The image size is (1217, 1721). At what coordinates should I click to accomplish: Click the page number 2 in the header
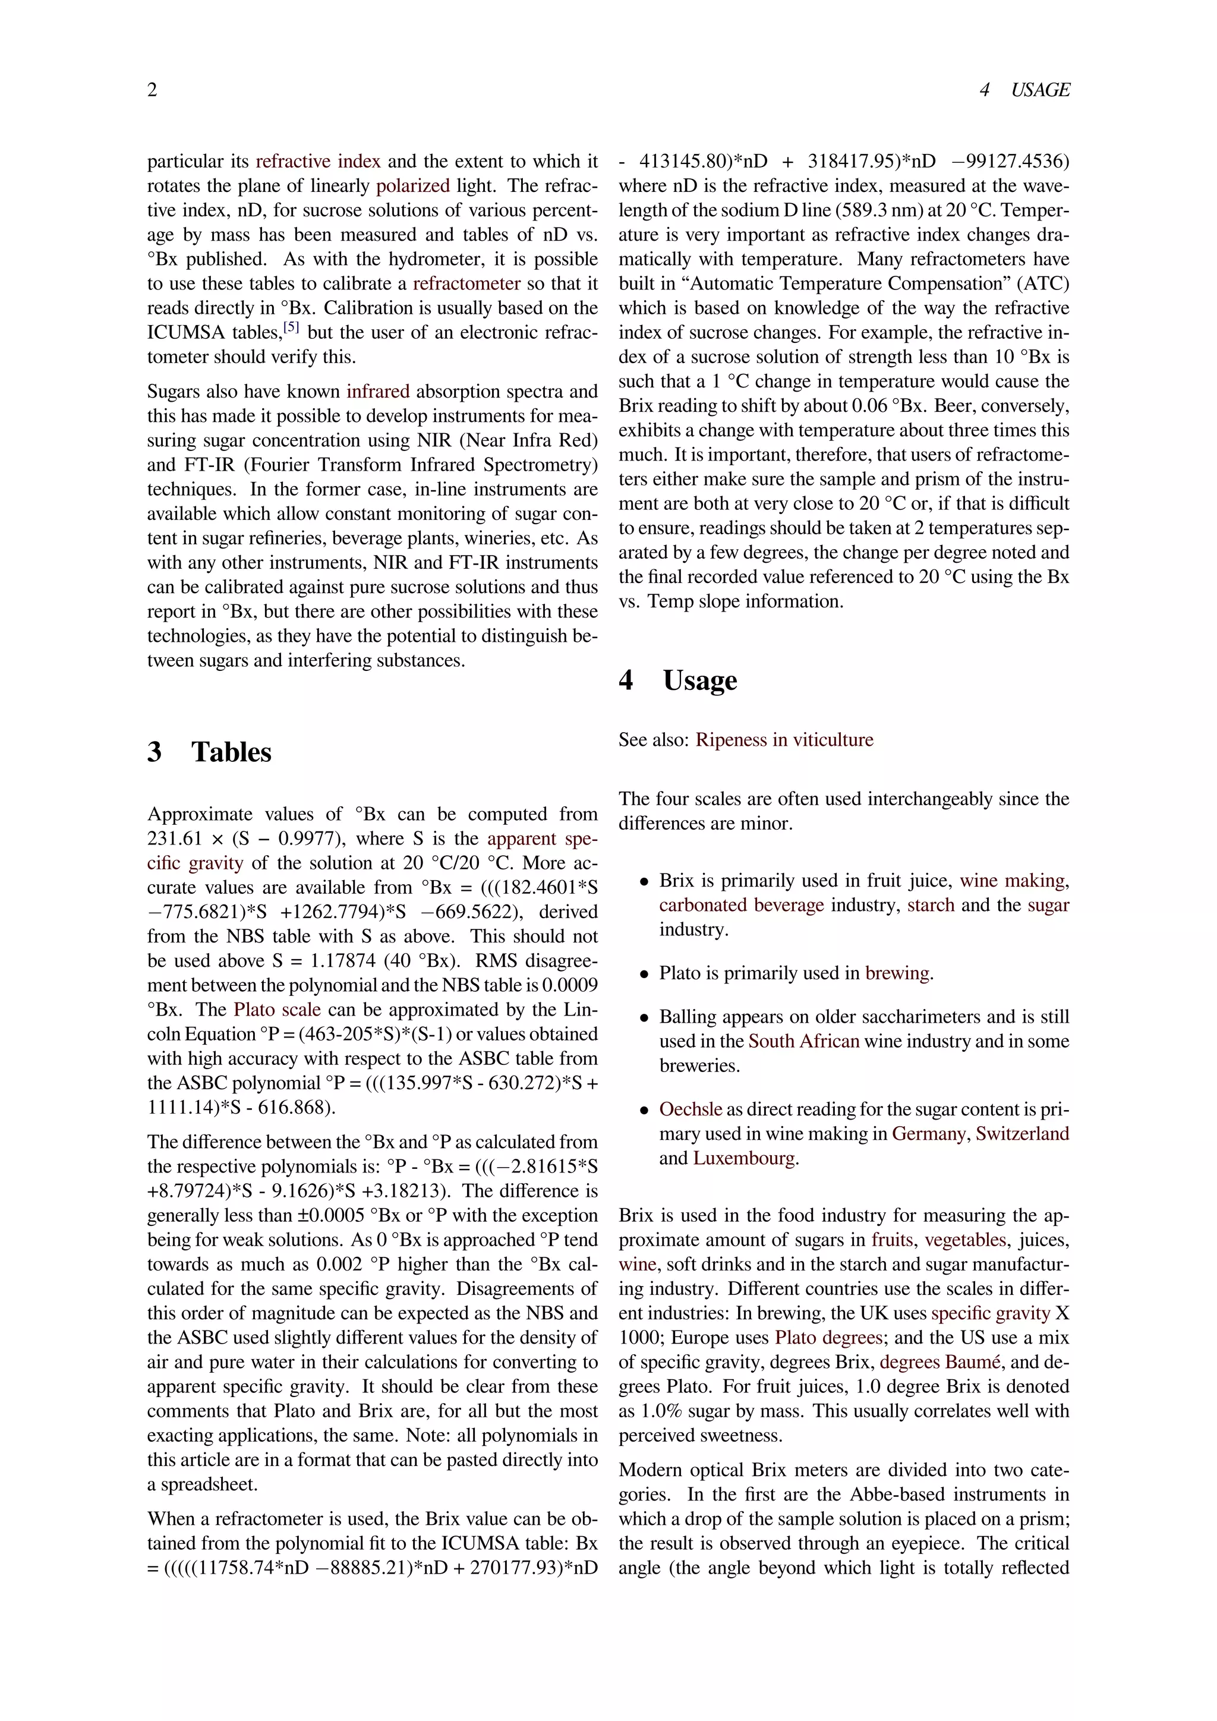[x=152, y=90]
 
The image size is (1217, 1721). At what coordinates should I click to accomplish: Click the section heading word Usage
[x=699, y=680]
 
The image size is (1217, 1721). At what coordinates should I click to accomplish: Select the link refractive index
[x=318, y=161]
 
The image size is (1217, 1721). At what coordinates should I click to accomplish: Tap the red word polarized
[x=412, y=186]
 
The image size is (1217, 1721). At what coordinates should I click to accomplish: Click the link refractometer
[x=466, y=283]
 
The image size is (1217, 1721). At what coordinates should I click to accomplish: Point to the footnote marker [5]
[x=292, y=327]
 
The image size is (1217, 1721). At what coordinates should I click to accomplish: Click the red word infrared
[x=378, y=391]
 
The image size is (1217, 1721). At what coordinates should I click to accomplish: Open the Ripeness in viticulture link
[x=784, y=740]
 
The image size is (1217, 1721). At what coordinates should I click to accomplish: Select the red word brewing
[x=897, y=973]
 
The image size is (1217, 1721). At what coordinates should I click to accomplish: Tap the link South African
[x=803, y=1041]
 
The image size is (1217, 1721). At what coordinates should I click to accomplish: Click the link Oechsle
[x=690, y=1109]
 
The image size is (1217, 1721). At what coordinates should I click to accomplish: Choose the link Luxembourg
[x=743, y=1158]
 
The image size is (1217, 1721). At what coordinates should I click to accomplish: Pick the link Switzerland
[x=1022, y=1133]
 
